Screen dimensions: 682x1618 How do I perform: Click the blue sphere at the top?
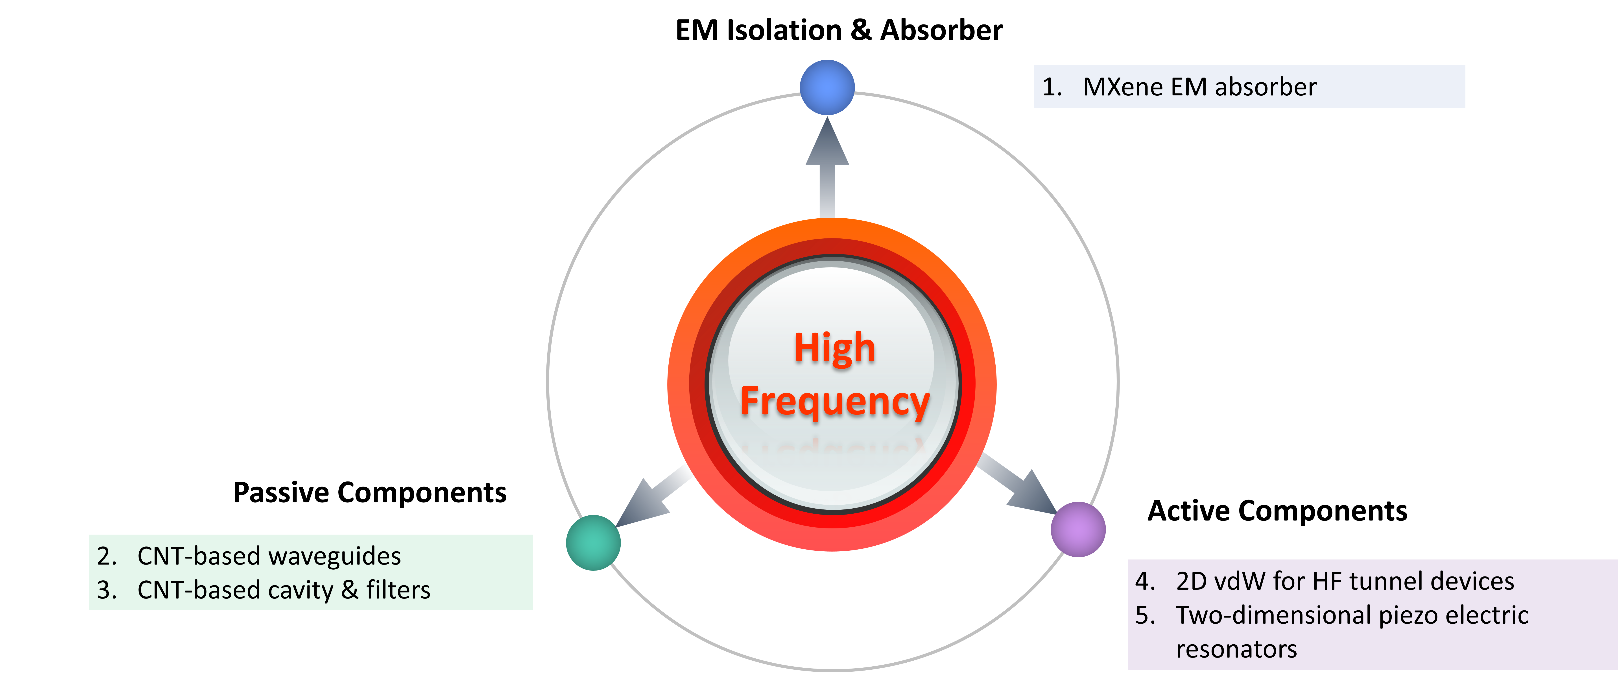click(x=827, y=87)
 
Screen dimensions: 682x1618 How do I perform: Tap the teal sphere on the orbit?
click(x=593, y=543)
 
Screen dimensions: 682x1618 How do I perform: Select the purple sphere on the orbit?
click(x=1078, y=529)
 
